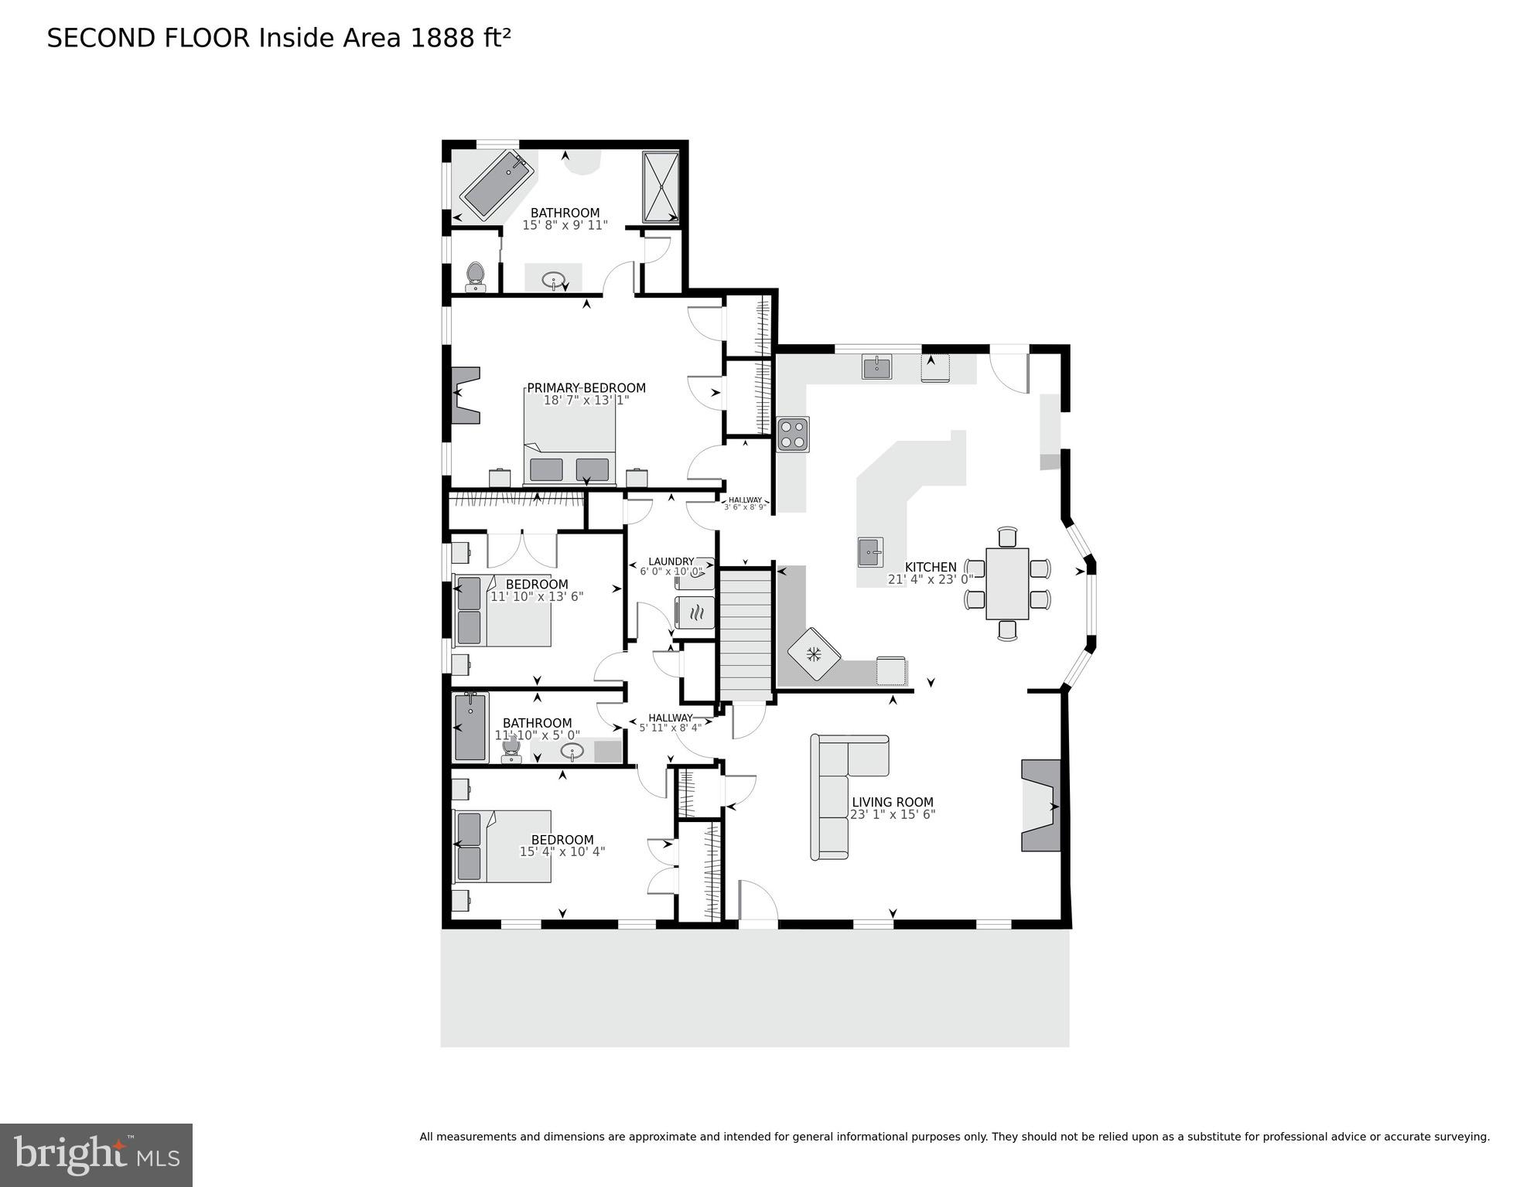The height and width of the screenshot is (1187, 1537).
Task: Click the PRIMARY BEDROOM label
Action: click(x=586, y=388)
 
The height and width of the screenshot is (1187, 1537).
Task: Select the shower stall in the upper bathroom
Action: click(x=661, y=186)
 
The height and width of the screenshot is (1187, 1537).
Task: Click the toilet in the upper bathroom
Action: click(x=475, y=275)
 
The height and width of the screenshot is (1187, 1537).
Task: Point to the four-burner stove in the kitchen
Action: click(x=793, y=434)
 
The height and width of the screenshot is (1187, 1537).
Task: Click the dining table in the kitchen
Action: click(x=1007, y=584)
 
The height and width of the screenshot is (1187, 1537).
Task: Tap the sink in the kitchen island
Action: click(x=870, y=552)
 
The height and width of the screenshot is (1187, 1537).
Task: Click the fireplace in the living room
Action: click(x=1041, y=806)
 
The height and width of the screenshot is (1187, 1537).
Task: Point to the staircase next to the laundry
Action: click(x=746, y=634)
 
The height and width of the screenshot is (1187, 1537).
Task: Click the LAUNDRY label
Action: click(x=671, y=561)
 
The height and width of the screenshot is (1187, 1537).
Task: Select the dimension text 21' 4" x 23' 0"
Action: click(x=931, y=579)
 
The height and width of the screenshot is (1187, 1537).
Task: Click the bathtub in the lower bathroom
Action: click(x=470, y=727)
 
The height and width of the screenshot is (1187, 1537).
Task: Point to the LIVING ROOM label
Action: click(x=892, y=802)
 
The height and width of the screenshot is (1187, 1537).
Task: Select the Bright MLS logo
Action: click(x=96, y=1155)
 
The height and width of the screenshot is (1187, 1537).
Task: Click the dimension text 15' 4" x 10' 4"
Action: click(x=562, y=851)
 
